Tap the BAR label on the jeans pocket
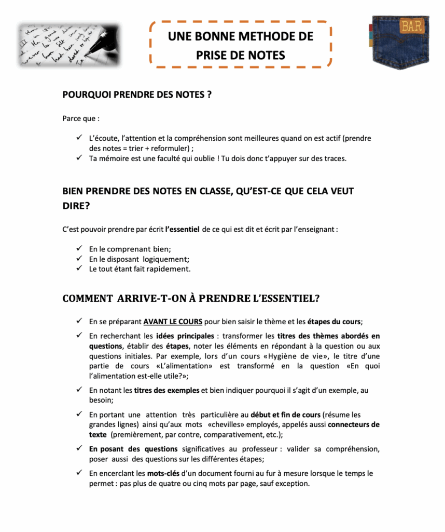tap(411, 25)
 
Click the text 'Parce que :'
tap(81, 118)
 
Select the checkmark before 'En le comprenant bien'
tap(79, 249)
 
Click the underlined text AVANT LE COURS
tap(173, 321)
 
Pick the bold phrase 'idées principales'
tap(184, 336)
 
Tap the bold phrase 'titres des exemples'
tap(166, 391)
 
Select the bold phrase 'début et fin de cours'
tap(285, 415)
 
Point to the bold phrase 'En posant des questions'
tap(133, 449)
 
